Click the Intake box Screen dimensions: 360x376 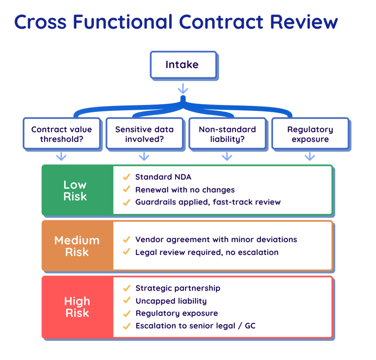182,65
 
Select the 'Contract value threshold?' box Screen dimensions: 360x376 62,134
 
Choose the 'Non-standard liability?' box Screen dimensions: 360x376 227,134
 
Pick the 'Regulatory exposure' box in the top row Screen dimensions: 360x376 310,134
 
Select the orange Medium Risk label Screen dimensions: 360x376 77,245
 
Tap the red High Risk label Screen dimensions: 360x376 77,306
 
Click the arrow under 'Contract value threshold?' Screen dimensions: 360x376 62,156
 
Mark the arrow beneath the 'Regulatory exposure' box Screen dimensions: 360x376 310,156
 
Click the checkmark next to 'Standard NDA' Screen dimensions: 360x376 126,177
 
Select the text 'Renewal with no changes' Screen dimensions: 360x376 185,189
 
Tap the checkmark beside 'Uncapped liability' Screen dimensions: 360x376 126,301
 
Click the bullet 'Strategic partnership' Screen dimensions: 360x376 178,288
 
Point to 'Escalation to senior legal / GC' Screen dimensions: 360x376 195,326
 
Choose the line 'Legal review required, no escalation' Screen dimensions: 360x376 207,252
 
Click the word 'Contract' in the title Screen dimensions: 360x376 223,22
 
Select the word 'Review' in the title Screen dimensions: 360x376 304,22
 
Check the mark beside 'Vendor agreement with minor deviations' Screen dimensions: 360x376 126,240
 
